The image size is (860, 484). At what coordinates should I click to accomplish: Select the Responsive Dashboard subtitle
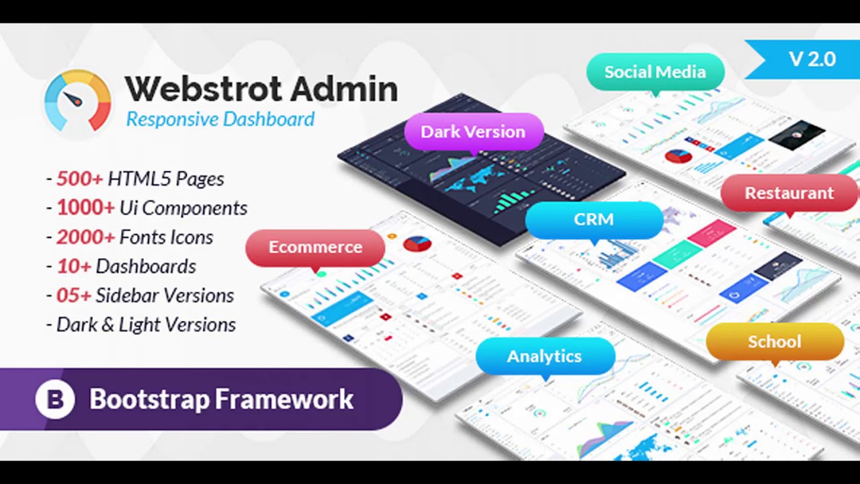[x=220, y=119]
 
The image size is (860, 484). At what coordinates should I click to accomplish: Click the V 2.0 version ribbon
[x=812, y=59]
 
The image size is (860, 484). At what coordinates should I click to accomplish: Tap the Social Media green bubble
[x=654, y=72]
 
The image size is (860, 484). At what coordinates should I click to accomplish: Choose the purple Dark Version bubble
[x=473, y=132]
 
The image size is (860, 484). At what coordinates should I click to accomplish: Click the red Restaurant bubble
[x=789, y=193]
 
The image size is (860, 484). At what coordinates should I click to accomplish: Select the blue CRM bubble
[x=593, y=220]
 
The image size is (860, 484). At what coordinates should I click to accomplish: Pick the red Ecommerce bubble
[x=315, y=247]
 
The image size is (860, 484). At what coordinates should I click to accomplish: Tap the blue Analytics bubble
[x=544, y=356]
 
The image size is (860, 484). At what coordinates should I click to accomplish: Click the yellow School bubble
[x=774, y=341]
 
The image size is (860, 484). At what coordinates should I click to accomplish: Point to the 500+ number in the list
[x=79, y=179]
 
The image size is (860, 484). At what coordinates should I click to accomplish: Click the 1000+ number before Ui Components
[x=85, y=208]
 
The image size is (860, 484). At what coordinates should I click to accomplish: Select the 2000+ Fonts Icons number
[x=85, y=237]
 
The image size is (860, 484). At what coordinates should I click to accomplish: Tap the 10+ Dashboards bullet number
[x=73, y=266]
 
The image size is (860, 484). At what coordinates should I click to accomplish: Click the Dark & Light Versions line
[x=146, y=325]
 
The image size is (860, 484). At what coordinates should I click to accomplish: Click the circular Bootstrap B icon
[x=55, y=399]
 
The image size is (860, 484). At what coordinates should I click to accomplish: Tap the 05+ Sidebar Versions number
[x=74, y=296]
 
